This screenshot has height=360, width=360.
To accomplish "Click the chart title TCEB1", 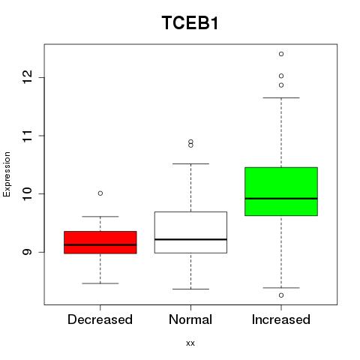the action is coord(190,23).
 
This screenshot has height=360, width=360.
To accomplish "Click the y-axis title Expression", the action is coord(7,174).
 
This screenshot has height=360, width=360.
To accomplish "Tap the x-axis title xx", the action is coord(190,343).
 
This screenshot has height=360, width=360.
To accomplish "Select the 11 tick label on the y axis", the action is coord(28,136).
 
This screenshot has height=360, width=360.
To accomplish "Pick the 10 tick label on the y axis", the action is coord(28,193).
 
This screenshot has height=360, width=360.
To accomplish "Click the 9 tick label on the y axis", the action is coord(28,252).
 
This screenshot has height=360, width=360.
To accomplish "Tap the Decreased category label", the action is coord(100,319).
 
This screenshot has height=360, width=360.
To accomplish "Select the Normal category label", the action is coord(190,319).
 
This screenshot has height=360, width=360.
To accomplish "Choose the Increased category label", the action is coord(281,319).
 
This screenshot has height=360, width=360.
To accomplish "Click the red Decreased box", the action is coord(100,242).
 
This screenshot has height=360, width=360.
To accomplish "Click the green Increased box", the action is coord(281,191).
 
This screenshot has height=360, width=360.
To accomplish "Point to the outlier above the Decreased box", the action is coord(100,193).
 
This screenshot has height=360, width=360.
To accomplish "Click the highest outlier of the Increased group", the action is coord(281,54).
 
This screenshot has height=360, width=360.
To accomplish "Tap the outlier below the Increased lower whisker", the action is coord(281,295).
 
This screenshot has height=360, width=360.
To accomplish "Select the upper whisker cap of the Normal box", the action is coord(190,163).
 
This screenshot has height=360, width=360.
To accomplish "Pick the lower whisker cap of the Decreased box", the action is coord(100,283).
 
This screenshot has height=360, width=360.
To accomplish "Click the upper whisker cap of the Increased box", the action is coord(281,97).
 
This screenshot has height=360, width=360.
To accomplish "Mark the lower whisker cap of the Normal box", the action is coord(190,289).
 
